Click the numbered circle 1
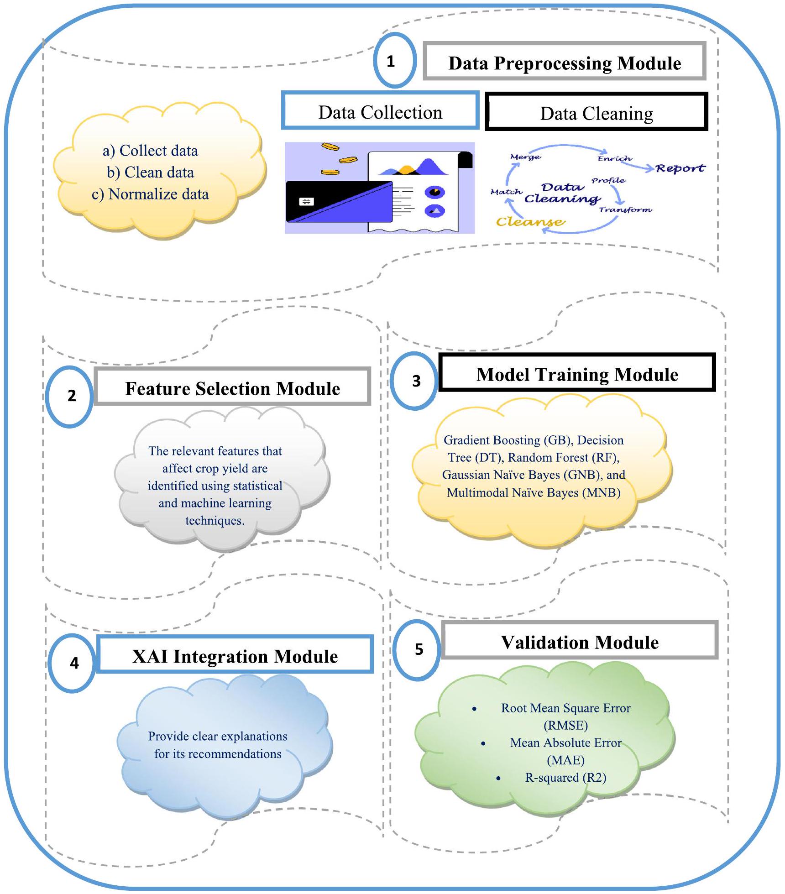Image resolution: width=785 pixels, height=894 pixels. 395,61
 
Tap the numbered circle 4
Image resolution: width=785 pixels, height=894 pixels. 73,663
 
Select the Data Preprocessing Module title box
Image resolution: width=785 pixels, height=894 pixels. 565,62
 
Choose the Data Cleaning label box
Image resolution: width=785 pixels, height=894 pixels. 597,112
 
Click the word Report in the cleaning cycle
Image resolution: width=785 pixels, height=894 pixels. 680,168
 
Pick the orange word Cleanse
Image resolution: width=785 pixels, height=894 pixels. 530,222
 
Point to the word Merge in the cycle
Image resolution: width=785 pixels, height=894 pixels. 525,157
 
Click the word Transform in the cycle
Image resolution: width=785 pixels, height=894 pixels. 625,209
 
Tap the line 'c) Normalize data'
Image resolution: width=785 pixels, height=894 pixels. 150,194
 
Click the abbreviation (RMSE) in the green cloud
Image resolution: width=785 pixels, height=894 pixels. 565,725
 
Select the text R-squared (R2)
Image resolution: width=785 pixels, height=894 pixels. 565,777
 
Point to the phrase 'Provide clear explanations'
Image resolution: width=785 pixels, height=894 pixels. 218,736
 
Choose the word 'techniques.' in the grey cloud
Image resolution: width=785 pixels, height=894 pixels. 215,520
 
